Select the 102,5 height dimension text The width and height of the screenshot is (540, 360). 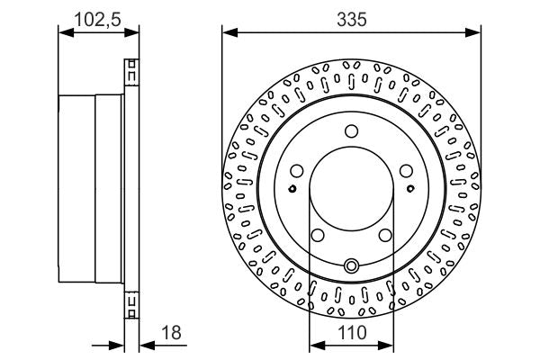click(x=98, y=17)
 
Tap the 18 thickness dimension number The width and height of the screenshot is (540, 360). click(x=172, y=333)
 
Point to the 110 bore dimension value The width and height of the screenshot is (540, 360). click(x=351, y=334)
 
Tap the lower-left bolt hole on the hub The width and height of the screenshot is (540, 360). click(x=317, y=235)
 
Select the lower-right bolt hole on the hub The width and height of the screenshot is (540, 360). click(x=386, y=235)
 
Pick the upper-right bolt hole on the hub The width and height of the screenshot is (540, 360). click(x=407, y=170)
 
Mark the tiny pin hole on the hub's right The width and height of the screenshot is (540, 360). click(x=410, y=188)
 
